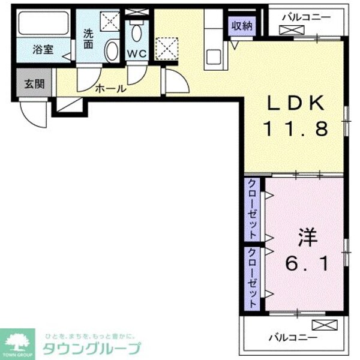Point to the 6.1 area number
point(305,263)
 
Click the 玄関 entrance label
point(34,83)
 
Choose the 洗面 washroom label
point(88,40)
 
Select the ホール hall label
point(110,89)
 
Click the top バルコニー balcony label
point(306,17)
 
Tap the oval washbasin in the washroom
point(112,50)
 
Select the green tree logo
point(19,342)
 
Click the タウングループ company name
point(91,348)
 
